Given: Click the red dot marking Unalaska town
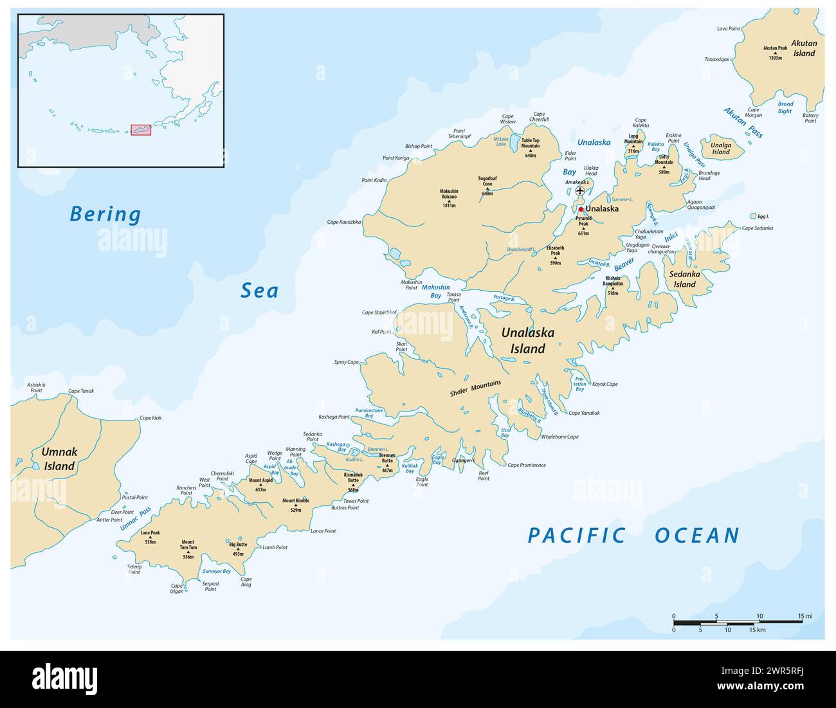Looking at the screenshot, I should pyautogui.click(x=581, y=209).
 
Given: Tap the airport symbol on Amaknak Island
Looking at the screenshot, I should pyautogui.click(x=580, y=190).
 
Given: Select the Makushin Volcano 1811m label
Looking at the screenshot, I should pyautogui.click(x=449, y=198).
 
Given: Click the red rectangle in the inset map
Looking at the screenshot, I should pyautogui.click(x=141, y=130).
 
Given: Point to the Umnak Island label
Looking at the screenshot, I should pyautogui.click(x=59, y=458).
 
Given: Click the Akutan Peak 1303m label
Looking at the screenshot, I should pyautogui.click(x=775, y=53).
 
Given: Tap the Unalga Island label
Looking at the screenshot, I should pyautogui.click(x=720, y=149).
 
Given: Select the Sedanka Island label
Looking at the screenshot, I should pyautogui.click(x=685, y=279).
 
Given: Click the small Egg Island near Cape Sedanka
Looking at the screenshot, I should pyautogui.click(x=753, y=217).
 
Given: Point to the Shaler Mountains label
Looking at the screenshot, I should pyautogui.click(x=476, y=388).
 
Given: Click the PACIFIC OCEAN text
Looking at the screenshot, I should pyautogui.click(x=633, y=535).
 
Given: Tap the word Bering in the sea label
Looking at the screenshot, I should pyautogui.click(x=105, y=214).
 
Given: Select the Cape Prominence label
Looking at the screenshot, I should pyautogui.click(x=527, y=465).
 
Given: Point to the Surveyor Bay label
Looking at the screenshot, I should pyautogui.click(x=217, y=571).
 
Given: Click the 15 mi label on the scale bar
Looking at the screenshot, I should pyautogui.click(x=805, y=616).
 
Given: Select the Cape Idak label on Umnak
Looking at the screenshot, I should pyautogui.click(x=150, y=418).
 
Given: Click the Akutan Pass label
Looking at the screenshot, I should pyautogui.click(x=743, y=123).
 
